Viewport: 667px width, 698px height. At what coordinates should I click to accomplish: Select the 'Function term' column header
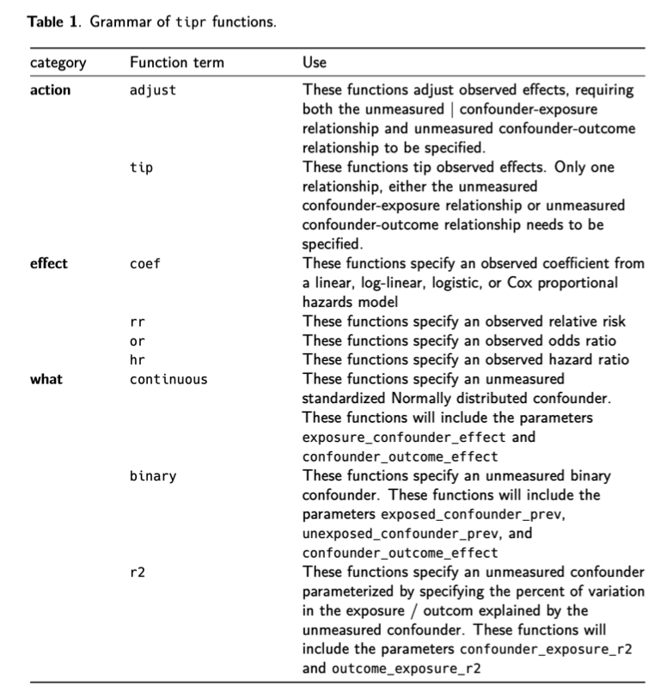[x=177, y=64]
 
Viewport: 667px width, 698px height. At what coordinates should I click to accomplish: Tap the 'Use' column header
[x=315, y=64]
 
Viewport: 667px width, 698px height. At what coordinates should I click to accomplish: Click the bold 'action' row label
[x=50, y=90]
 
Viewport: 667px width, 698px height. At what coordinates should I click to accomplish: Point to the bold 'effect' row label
[x=49, y=264]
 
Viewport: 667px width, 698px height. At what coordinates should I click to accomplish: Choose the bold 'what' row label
[x=46, y=379]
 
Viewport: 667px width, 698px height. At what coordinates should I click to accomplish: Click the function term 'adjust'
[x=153, y=90]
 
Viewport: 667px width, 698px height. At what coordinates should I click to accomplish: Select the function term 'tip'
[x=141, y=168]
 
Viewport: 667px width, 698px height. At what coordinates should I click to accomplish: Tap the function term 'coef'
[x=144, y=264]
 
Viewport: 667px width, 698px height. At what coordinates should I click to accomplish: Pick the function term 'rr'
[x=137, y=321]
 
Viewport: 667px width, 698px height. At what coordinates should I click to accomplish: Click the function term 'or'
[x=137, y=341]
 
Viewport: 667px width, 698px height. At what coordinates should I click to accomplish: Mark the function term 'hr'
[x=137, y=360]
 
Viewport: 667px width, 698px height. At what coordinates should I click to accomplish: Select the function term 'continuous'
[x=168, y=379]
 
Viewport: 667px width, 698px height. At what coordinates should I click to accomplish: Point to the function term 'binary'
[x=153, y=475]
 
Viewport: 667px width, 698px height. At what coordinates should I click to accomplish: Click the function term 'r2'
[x=137, y=572]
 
